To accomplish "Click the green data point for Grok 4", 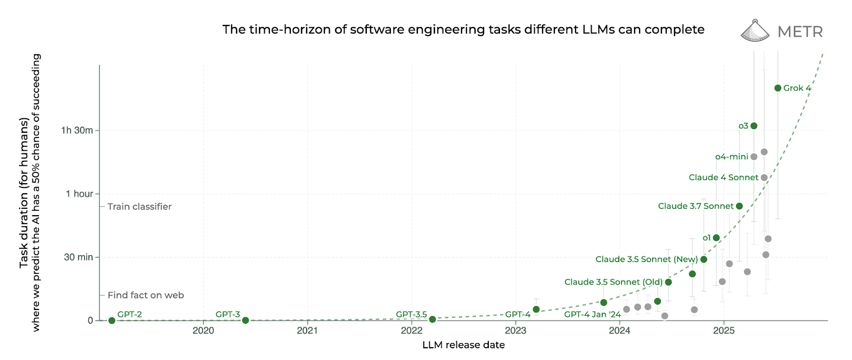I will pyautogui.click(x=777, y=88).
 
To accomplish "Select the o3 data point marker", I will pyautogui.click(x=753, y=126).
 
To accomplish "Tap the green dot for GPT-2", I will pyautogui.click(x=112, y=321).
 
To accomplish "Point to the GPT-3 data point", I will pyautogui.click(x=245, y=321).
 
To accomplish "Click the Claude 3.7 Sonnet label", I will pyautogui.click(x=695, y=206).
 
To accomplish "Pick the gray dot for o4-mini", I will pyautogui.click(x=753, y=157).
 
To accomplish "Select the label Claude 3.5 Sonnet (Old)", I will pyautogui.click(x=613, y=282).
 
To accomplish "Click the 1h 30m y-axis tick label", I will pyautogui.click(x=77, y=130).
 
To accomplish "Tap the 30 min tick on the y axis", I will pyautogui.click(x=78, y=257).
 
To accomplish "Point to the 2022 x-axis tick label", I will pyautogui.click(x=412, y=331).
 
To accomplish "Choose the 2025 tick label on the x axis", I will pyautogui.click(x=724, y=331).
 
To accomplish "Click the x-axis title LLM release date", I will pyautogui.click(x=463, y=345).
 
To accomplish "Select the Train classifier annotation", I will pyautogui.click(x=140, y=207).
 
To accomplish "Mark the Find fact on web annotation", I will pyautogui.click(x=145, y=296).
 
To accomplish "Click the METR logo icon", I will pyautogui.click(x=755, y=31).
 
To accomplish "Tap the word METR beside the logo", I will pyautogui.click(x=800, y=32).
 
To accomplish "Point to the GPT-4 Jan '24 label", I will pyautogui.click(x=592, y=315).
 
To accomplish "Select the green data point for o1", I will pyautogui.click(x=716, y=238).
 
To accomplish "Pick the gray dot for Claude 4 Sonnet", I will pyautogui.click(x=764, y=178).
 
